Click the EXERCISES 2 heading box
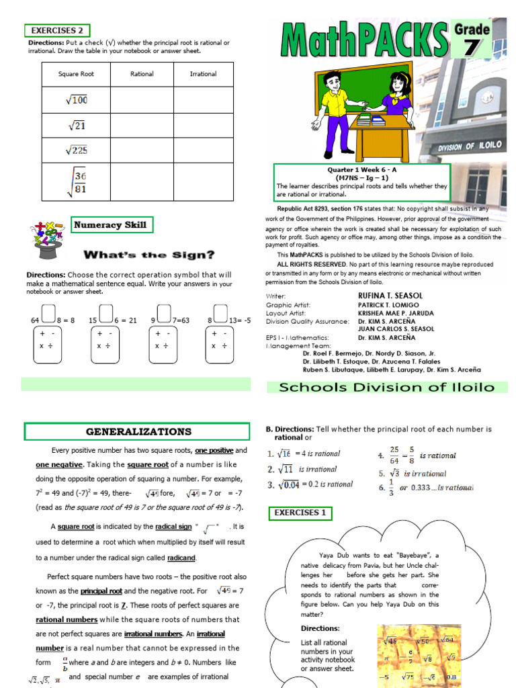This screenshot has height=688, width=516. [x=57, y=30]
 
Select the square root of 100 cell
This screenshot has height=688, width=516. [x=76, y=101]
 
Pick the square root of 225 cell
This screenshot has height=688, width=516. [x=76, y=150]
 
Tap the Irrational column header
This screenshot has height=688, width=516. [x=203, y=74]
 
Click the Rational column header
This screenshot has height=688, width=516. [x=142, y=74]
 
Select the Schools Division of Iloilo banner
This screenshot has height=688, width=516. [x=386, y=387]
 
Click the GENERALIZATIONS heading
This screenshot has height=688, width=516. [x=138, y=431]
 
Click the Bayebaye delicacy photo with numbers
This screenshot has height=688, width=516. [x=418, y=655]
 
